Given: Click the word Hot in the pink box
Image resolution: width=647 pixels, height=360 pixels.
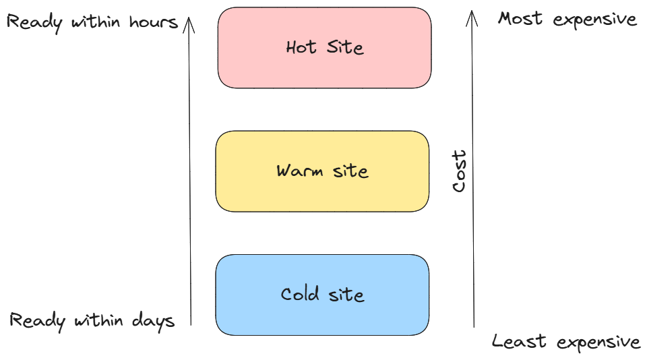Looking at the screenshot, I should pyautogui.click(x=301, y=48).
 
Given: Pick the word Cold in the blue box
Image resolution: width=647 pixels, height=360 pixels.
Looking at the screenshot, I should pyautogui.click(x=300, y=295).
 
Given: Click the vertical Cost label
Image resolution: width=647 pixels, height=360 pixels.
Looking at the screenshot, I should pyautogui.click(x=460, y=171).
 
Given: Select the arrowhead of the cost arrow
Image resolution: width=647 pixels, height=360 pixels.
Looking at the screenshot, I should pyautogui.click(x=473, y=13).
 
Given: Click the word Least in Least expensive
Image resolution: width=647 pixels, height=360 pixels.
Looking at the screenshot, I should pyautogui.click(x=513, y=342).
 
